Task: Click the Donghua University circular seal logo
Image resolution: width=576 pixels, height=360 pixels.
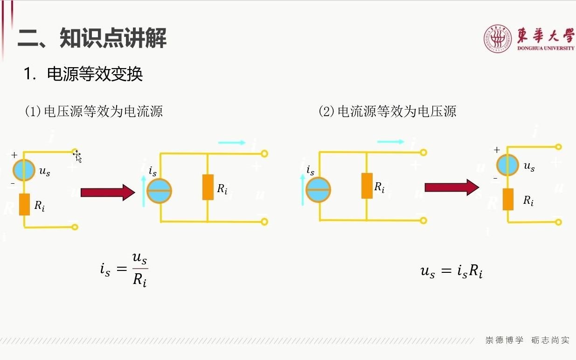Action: (x=498, y=38)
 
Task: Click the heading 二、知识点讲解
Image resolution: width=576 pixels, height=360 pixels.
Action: (x=92, y=38)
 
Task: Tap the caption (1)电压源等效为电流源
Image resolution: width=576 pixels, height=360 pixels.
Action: (x=93, y=111)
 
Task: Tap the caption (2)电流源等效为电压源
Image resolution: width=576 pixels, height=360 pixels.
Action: (x=387, y=111)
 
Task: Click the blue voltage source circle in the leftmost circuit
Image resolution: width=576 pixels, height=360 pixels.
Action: (x=24, y=170)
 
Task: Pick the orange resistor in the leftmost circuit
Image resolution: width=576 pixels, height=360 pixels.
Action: (x=24, y=204)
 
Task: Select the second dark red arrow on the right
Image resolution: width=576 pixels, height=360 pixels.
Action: (x=451, y=187)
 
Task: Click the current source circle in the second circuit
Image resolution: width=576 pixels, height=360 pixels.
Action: (x=160, y=191)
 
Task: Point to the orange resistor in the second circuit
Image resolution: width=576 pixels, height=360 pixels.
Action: (x=208, y=187)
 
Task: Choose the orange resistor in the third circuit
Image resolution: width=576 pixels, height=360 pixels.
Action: (x=367, y=186)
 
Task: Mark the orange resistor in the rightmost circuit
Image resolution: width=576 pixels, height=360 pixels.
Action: (x=508, y=199)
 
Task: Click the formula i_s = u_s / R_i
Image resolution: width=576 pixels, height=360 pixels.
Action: (x=124, y=270)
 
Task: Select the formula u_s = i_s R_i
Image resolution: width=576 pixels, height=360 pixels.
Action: (x=451, y=271)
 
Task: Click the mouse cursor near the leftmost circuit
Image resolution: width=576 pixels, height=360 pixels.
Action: (x=77, y=157)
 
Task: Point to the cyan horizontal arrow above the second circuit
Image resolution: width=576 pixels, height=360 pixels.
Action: (x=231, y=143)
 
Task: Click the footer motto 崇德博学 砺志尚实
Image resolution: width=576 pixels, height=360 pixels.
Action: (x=527, y=340)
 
